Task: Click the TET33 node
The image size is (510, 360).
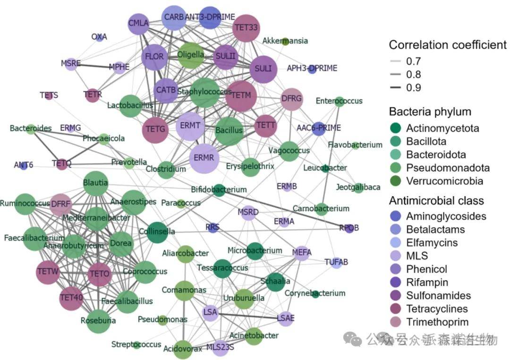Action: [246, 28]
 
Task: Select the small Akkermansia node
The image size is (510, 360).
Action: [285, 41]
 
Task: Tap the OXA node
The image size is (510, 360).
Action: [99, 37]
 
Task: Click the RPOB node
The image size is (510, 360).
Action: [349, 228]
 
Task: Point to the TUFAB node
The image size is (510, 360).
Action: [336, 262]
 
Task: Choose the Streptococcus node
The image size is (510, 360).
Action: [136, 345]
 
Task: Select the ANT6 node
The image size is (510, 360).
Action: [23, 165]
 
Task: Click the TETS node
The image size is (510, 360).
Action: [49, 95]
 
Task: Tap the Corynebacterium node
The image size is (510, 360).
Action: [315, 294]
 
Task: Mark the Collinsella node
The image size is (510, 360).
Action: [157, 232]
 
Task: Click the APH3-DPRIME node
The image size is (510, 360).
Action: [312, 69]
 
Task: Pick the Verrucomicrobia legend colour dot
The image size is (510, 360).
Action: [396, 181]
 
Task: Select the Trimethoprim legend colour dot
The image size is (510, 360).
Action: [396, 322]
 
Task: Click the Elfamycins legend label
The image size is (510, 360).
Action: [432, 243]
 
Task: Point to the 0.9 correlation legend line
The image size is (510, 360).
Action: [396, 88]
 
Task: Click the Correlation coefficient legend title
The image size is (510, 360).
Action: [447, 45]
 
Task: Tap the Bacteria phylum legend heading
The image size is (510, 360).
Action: [430, 112]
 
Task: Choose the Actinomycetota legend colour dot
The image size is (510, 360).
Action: [396, 128]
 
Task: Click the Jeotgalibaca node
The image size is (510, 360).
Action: [358, 188]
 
